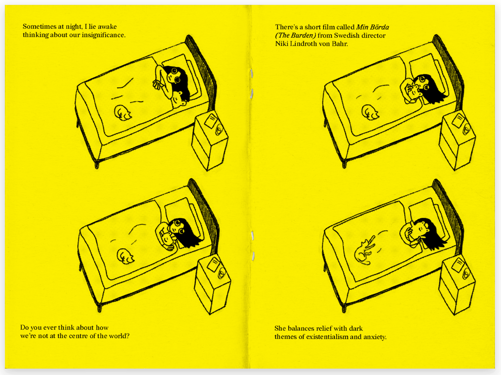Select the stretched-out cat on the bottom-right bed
364,250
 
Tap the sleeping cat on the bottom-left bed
125,256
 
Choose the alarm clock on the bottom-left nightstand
222,274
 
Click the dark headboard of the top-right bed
448,71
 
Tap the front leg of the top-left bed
97,164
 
